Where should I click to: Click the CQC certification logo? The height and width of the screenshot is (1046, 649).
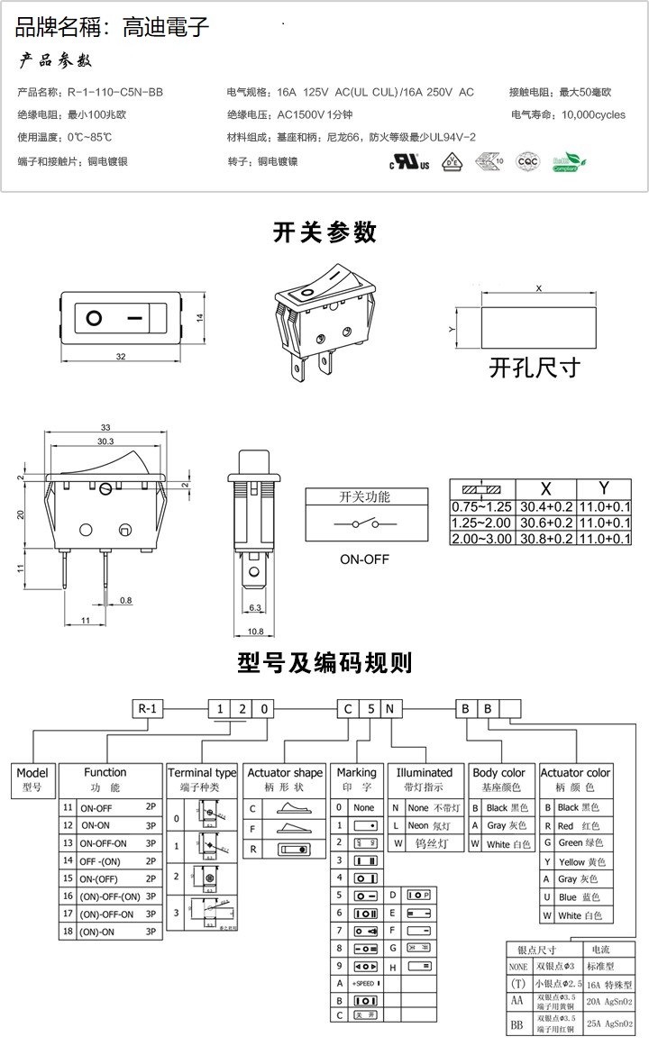(526, 162)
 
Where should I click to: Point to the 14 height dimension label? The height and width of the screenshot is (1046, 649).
(200, 317)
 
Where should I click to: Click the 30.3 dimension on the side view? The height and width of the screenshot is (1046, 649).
(105, 441)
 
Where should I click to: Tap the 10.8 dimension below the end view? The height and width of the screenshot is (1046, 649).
(255, 632)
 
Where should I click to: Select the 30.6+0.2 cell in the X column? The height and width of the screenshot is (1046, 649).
(544, 523)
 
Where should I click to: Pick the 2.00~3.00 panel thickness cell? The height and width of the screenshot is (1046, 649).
(480, 538)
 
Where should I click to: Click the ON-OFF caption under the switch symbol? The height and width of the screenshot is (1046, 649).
(364, 559)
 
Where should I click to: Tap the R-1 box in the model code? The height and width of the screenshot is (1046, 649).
(149, 708)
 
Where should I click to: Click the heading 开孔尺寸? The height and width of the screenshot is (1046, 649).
(535, 368)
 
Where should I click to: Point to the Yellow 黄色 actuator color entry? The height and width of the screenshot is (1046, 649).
(577, 861)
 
